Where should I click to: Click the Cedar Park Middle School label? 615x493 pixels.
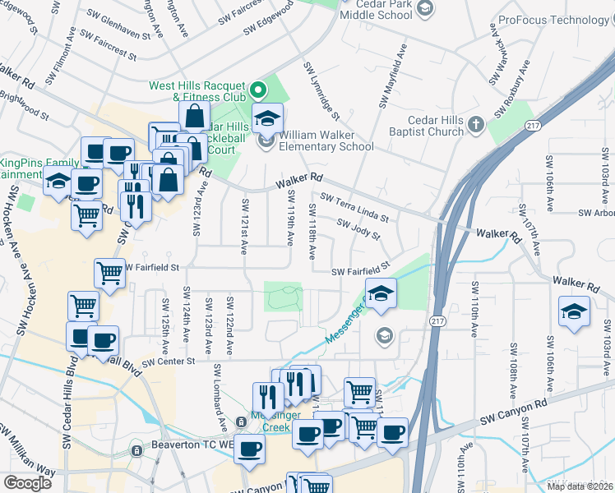376,10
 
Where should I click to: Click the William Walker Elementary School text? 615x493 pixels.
326,141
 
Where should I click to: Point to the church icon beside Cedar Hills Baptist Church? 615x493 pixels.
476,125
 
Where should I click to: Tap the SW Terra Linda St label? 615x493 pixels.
354,207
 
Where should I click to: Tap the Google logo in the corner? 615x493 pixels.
27,483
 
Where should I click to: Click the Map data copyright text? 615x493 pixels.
580,486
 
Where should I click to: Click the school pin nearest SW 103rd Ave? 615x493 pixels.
574,311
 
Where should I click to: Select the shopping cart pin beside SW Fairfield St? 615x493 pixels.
109,272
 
